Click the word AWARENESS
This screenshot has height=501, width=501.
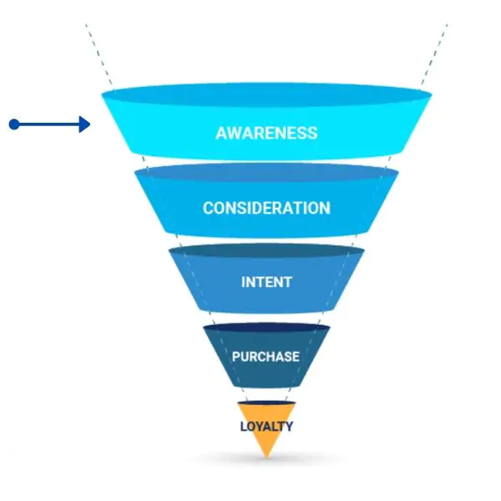266,133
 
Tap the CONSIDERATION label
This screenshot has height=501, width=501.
266,208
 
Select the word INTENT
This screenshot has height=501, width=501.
266,282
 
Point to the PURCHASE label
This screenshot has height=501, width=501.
266,357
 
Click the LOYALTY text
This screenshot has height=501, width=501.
266,427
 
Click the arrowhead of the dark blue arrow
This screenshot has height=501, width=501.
84,124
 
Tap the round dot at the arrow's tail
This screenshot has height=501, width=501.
14,124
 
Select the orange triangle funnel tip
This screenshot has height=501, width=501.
266,425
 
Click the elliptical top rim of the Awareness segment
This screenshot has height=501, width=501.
266,94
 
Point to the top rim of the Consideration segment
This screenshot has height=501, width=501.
266,173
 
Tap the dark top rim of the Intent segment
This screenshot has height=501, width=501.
266,250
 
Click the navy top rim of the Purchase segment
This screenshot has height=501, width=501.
266,327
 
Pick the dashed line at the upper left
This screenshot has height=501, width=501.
99,54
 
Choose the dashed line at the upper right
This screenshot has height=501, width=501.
434,54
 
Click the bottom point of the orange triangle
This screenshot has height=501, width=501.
266,457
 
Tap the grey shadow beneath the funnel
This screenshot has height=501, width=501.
266,459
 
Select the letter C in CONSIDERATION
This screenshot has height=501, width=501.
209,208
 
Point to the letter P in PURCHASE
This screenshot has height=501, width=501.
236,357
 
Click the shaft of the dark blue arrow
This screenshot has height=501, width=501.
48,124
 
